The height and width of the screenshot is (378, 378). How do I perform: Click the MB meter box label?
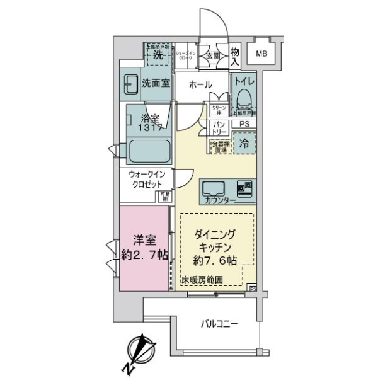(261, 54)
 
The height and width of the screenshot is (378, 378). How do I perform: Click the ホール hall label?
(199, 85)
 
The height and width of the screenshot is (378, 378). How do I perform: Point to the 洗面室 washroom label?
(156, 83)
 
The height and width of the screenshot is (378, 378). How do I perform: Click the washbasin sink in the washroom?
(131, 83)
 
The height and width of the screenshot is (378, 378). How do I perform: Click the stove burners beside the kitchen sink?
(245, 188)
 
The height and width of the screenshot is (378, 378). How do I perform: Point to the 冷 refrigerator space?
(244, 144)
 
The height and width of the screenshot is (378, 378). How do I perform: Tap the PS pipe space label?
(243, 125)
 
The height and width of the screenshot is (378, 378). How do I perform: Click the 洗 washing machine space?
(158, 55)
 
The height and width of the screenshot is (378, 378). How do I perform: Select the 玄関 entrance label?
(212, 55)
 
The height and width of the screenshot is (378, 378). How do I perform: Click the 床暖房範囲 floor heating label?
(202, 280)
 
